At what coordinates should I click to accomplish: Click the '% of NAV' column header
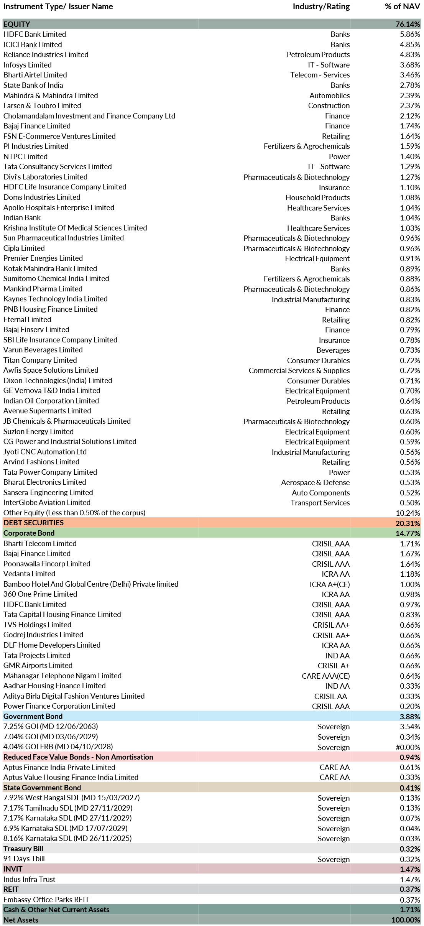(x=402, y=7)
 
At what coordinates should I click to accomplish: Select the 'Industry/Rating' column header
(x=321, y=7)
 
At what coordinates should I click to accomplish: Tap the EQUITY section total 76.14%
(x=408, y=24)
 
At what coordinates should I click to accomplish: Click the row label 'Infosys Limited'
(x=28, y=65)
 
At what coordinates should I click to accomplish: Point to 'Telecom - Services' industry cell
(x=320, y=75)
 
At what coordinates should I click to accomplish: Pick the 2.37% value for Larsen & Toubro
(x=410, y=105)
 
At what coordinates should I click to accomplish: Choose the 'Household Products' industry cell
(x=317, y=197)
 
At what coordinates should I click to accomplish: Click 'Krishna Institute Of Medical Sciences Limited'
(x=75, y=228)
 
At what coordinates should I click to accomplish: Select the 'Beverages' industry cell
(x=333, y=350)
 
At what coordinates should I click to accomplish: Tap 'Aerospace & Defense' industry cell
(x=315, y=482)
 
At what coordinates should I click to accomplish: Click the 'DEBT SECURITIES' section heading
(x=34, y=523)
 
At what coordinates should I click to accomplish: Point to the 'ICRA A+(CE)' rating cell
(x=330, y=584)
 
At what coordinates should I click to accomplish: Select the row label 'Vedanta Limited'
(x=30, y=574)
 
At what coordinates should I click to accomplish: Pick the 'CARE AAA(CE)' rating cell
(x=325, y=676)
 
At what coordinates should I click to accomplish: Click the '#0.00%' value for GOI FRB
(x=408, y=747)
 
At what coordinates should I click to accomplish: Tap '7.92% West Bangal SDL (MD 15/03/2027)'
(x=72, y=798)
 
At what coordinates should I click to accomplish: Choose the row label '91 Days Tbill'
(x=24, y=859)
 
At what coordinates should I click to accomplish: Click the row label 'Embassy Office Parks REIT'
(x=46, y=899)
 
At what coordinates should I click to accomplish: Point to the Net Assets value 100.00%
(x=406, y=920)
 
